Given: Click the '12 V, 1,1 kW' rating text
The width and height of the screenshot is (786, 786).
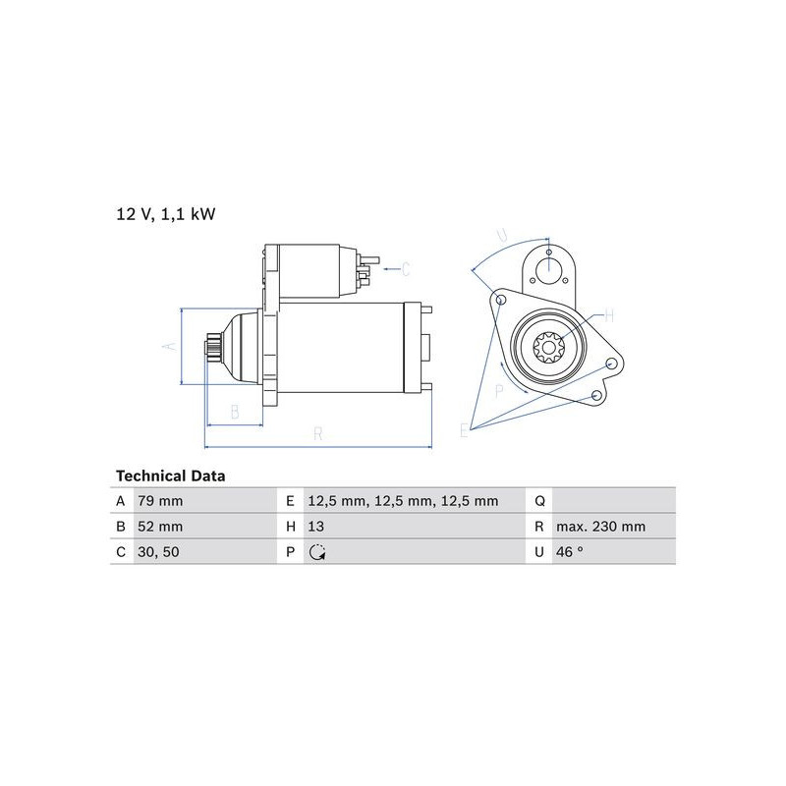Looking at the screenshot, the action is pyautogui.click(x=166, y=214).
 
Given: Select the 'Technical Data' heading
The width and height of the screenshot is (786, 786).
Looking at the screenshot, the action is pyautogui.click(x=170, y=476).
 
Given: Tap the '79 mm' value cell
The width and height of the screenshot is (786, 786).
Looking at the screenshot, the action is pyautogui.click(x=160, y=501).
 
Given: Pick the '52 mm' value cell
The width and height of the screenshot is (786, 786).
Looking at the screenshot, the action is pyautogui.click(x=160, y=527).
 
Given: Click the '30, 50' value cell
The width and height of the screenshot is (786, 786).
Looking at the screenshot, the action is pyautogui.click(x=158, y=552).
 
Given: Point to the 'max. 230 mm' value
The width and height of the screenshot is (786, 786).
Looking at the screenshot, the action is pyautogui.click(x=600, y=527).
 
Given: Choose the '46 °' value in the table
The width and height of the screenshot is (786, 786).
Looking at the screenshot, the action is pyautogui.click(x=570, y=551).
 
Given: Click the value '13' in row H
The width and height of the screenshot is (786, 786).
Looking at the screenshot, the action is pyautogui.click(x=315, y=527).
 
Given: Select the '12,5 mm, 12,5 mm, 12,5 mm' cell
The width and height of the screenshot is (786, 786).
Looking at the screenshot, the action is pyautogui.click(x=403, y=501).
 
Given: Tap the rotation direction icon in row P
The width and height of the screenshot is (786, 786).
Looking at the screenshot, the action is pyautogui.click(x=317, y=552).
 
